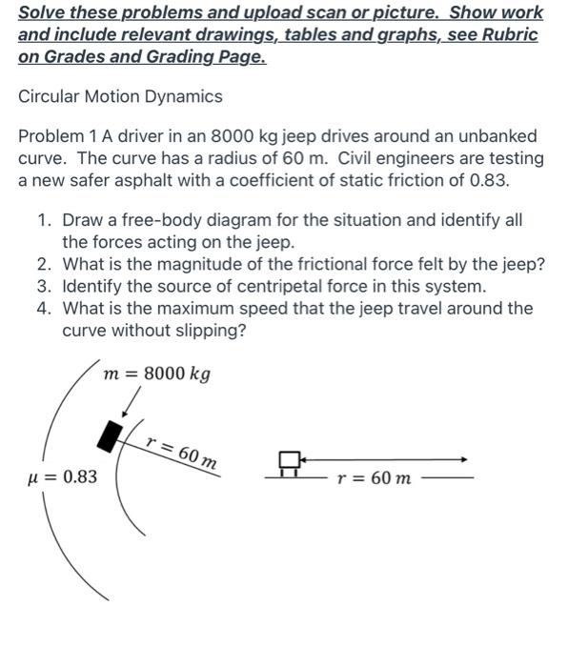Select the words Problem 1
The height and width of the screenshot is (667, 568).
point(58,136)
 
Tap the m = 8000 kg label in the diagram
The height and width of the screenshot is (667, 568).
point(157,373)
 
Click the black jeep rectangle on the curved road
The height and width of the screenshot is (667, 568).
point(112,435)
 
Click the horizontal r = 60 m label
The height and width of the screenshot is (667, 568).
point(375,477)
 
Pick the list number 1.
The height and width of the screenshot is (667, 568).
point(44,220)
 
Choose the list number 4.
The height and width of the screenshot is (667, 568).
point(44,309)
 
